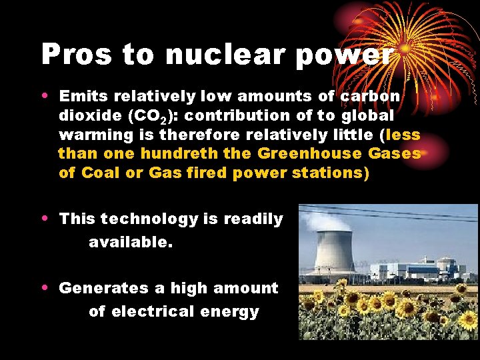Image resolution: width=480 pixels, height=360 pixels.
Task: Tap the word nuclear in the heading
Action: coord(219,55)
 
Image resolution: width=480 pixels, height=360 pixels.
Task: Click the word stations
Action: coord(330,173)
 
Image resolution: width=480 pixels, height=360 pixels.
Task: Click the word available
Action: coord(131,243)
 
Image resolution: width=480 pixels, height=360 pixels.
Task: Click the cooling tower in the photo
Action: coord(335,249)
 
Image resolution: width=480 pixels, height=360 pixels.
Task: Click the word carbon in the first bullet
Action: coord(370,96)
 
